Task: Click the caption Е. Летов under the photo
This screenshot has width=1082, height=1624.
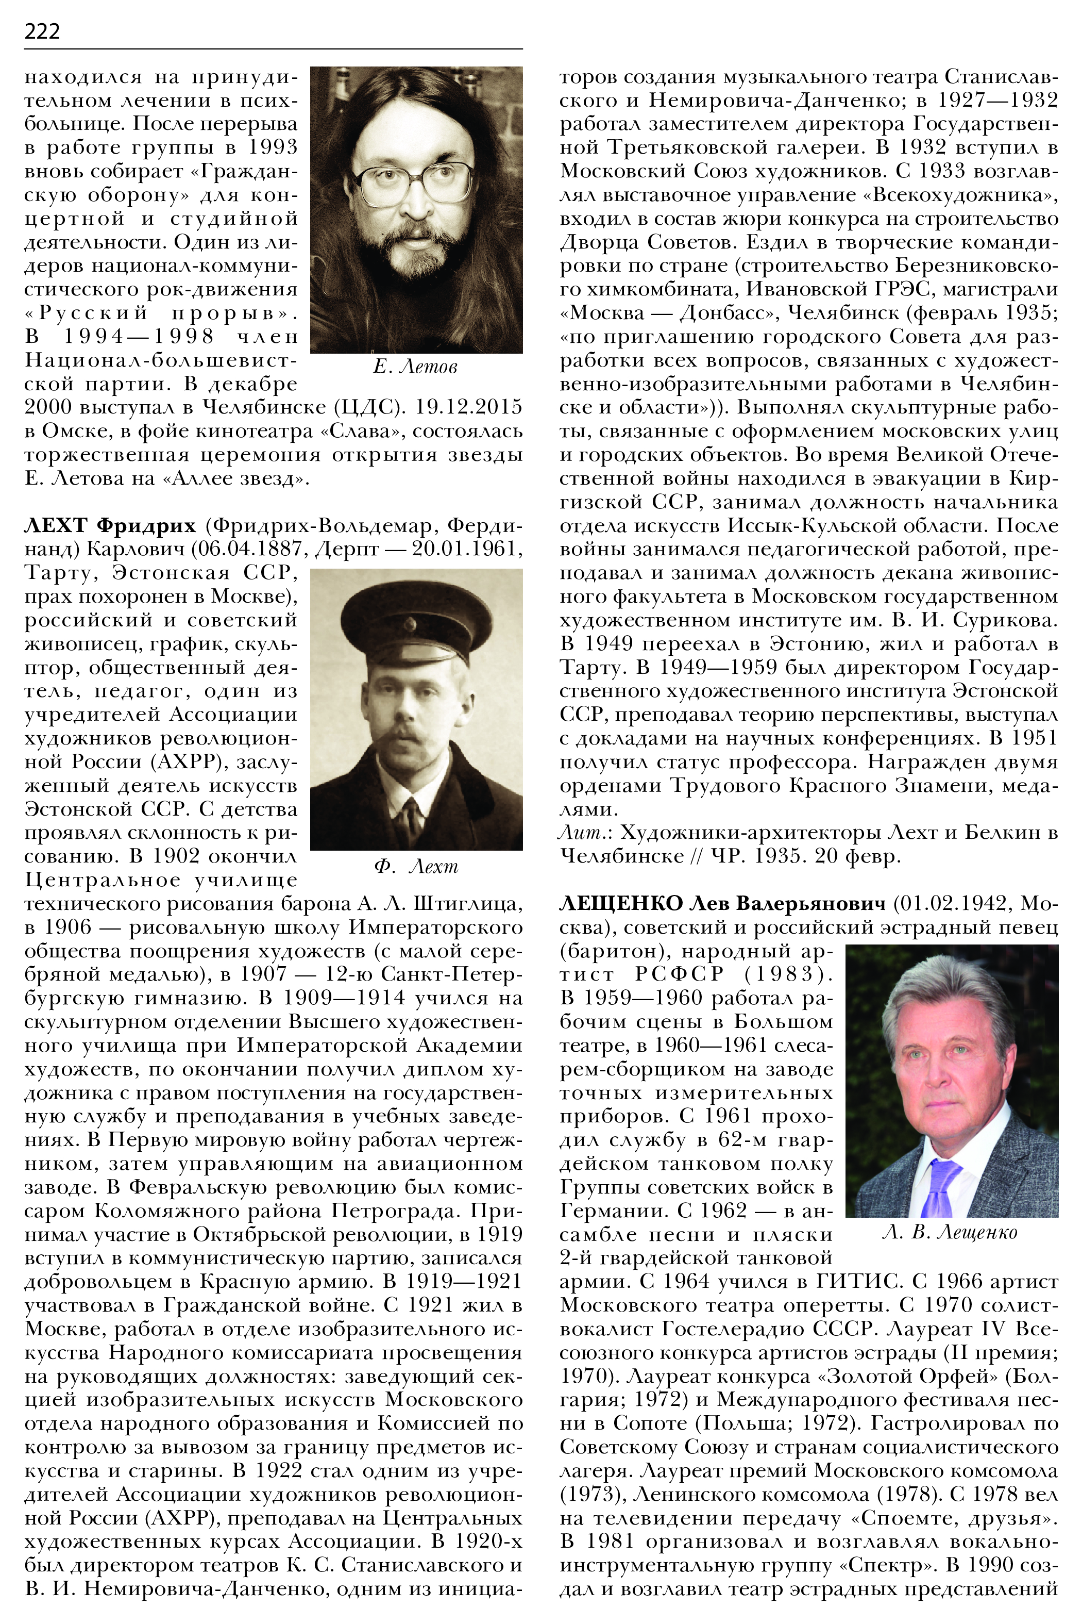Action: pos(415,367)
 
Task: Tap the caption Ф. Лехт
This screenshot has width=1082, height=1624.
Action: pos(416,867)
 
